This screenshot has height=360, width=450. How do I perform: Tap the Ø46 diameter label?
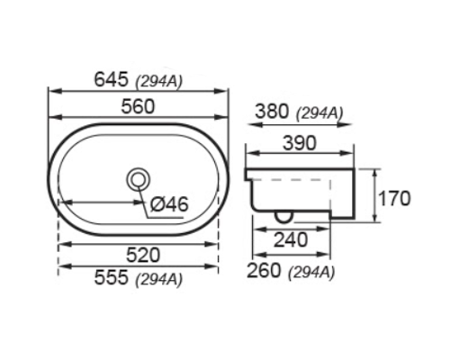point(168,204)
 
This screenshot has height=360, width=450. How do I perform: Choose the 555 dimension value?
point(112,279)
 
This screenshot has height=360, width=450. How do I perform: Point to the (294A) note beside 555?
point(159,281)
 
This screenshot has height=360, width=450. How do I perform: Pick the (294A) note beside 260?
point(310,270)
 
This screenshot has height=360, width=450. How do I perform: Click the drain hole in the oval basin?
point(139,180)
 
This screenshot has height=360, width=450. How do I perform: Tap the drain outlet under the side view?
point(283,215)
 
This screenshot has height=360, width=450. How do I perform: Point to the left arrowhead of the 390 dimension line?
point(250,152)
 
